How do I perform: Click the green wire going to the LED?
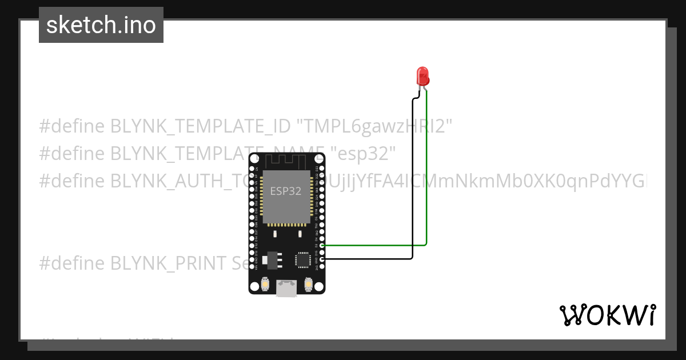(x=427, y=171)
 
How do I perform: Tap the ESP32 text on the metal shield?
(x=286, y=191)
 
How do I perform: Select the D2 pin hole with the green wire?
(x=322, y=245)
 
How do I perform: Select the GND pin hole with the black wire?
(x=322, y=259)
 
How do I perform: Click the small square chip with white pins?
(x=302, y=260)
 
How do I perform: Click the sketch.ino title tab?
(x=101, y=25)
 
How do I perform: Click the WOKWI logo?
(x=607, y=315)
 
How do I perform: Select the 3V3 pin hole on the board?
(x=322, y=266)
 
